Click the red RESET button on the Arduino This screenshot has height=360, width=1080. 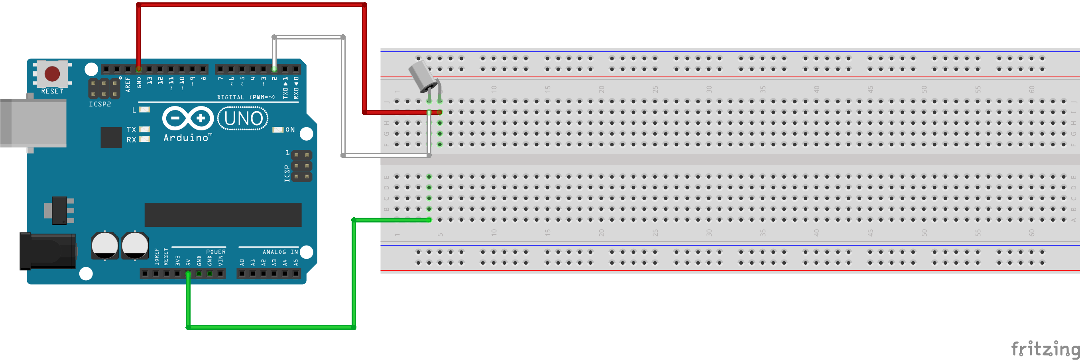[52, 74]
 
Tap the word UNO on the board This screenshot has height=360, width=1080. [244, 118]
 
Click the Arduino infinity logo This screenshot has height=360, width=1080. [188, 118]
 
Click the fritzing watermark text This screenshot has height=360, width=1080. [1045, 349]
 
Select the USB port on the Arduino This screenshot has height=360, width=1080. [33, 123]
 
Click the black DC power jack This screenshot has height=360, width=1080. [47, 251]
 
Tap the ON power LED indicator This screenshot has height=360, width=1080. [278, 130]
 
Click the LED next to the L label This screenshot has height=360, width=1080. [145, 110]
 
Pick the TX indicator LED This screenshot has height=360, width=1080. [145, 130]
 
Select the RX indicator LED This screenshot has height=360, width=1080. [145, 139]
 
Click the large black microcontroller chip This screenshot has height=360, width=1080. [222, 215]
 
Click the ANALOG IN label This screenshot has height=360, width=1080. [280, 252]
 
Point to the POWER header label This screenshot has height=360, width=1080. [216, 252]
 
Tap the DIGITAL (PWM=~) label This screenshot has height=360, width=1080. [246, 97]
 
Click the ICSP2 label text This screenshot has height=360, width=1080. [100, 104]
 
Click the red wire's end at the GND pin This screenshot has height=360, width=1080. [139, 69]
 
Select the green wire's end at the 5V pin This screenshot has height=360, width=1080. [188, 274]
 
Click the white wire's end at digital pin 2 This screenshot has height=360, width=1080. [274, 69]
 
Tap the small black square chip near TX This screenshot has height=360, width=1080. [111, 138]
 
